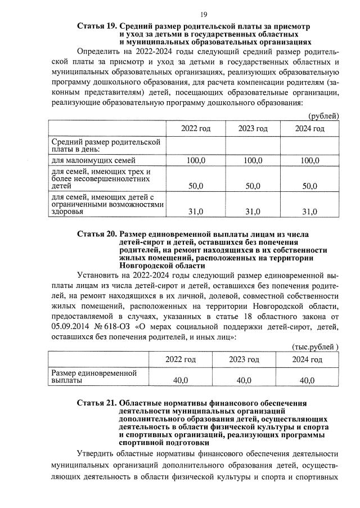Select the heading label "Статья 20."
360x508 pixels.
[96, 234]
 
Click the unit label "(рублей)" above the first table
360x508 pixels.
[323, 116]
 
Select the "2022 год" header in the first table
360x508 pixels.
[196, 129]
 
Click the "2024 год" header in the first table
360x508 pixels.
[310, 129]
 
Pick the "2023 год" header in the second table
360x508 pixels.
[244, 359]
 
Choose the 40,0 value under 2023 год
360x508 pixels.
[244, 380]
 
